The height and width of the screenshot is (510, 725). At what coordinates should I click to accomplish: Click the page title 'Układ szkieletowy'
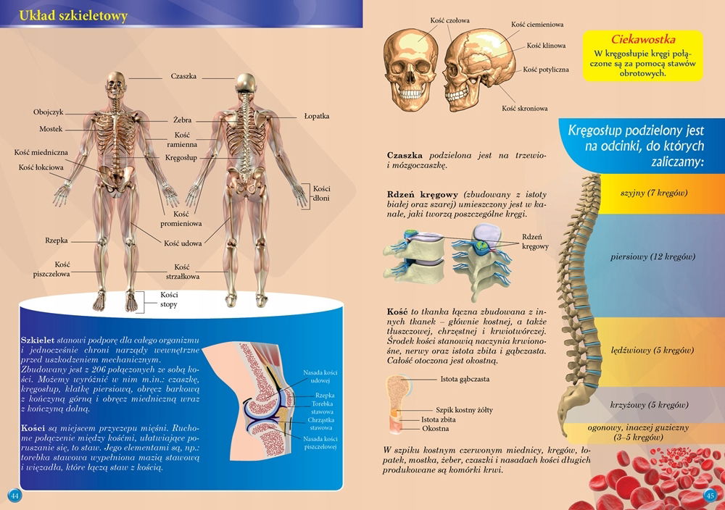point(73,15)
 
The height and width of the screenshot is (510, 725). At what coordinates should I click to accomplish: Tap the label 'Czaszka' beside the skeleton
point(183,76)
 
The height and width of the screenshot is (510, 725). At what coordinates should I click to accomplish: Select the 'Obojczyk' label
point(49,112)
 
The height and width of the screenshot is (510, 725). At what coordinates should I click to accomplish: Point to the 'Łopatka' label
point(317,116)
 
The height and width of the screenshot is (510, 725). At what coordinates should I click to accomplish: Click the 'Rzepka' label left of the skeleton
point(57,240)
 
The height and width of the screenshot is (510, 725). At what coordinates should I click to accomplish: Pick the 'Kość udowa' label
point(183,243)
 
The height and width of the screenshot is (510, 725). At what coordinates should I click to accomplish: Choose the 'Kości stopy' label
point(169,300)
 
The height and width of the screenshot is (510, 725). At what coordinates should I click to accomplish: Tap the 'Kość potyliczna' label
point(546,70)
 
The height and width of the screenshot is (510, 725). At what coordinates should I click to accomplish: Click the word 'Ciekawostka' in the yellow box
point(644,39)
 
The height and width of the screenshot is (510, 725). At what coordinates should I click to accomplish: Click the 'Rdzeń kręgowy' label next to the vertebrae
point(535,242)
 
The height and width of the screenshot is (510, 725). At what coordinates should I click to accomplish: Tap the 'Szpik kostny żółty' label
point(464,410)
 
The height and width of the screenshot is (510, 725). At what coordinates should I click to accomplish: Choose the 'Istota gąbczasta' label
point(465,379)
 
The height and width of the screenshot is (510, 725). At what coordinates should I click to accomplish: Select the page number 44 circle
point(14,495)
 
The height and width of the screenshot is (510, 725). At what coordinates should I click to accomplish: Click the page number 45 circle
point(710,495)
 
